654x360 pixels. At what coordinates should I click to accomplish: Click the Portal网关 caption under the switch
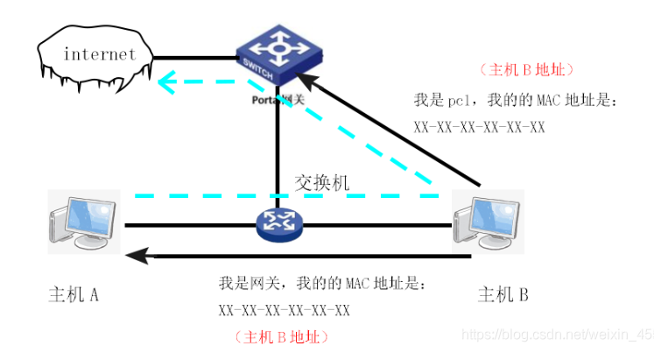[x=279, y=100]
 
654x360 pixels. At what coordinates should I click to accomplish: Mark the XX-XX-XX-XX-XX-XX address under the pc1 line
[x=480, y=128]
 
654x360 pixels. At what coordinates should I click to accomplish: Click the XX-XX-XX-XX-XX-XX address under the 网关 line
[x=285, y=310]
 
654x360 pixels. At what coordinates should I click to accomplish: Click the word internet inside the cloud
[x=100, y=54]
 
